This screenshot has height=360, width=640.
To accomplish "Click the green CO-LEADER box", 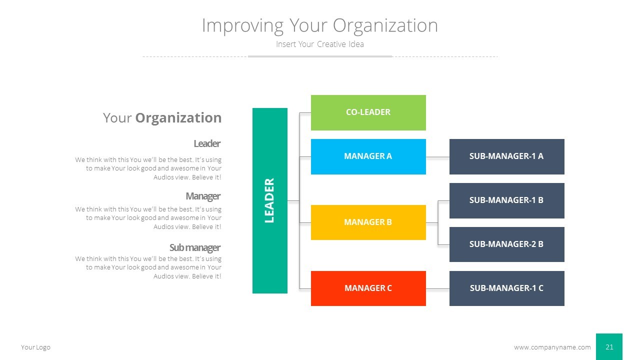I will click(x=368, y=112).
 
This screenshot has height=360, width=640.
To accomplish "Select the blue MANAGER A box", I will click(x=368, y=156).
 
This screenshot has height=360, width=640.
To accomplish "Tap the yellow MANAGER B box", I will click(x=368, y=222).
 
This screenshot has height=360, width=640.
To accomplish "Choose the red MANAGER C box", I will click(x=368, y=288).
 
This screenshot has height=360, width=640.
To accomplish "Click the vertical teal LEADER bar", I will click(x=269, y=200).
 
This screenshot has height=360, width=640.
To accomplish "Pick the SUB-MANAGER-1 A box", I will click(x=506, y=156).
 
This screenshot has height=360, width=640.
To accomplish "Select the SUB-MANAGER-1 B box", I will click(x=506, y=200).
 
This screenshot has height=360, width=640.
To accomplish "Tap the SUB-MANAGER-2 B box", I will click(x=506, y=244).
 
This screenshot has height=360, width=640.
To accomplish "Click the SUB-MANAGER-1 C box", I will click(x=506, y=288).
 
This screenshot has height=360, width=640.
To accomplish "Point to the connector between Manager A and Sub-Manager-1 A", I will click(x=437, y=157).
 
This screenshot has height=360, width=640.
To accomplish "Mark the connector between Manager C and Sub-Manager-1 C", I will click(x=437, y=288).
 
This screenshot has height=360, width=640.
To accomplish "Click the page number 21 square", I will click(x=609, y=347).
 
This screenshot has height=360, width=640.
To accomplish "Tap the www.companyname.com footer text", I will click(x=552, y=347).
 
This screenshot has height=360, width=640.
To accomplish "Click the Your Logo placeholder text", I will click(x=35, y=347).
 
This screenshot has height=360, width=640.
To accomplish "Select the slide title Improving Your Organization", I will click(x=319, y=25).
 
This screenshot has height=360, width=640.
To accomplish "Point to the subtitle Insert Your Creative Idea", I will click(x=319, y=44).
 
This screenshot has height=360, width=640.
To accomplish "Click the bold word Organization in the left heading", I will click(x=178, y=118).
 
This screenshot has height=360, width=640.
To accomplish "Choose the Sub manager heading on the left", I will click(x=194, y=247).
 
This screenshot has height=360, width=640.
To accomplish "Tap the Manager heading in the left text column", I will click(x=202, y=196).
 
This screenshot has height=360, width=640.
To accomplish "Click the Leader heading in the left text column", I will click(x=206, y=144).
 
